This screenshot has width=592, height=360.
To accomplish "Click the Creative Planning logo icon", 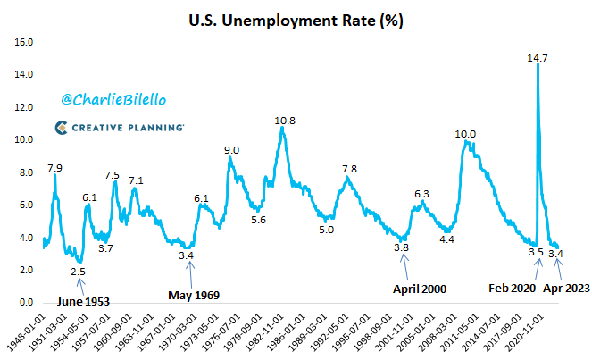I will [x=64, y=129].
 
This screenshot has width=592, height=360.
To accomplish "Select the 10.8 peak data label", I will [x=284, y=121].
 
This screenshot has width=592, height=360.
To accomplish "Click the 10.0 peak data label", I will [x=465, y=134].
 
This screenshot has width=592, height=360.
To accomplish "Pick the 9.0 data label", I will [x=231, y=150].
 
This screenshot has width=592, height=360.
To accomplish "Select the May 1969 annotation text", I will [x=194, y=294].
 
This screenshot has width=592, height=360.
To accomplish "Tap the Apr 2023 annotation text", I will [x=566, y=289].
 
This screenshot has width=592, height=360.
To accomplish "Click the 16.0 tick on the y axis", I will [x=24, y=42].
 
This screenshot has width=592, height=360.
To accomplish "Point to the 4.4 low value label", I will [x=447, y=239].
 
